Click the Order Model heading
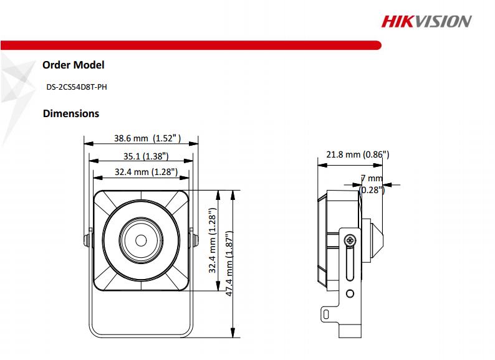[73, 65]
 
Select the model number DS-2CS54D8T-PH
[76, 88]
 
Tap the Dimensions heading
[70, 114]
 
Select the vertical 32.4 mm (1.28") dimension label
[213, 242]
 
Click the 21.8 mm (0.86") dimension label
[357, 154]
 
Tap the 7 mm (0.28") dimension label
[373, 184]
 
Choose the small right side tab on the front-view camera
[191, 239]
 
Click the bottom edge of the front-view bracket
[141, 336]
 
